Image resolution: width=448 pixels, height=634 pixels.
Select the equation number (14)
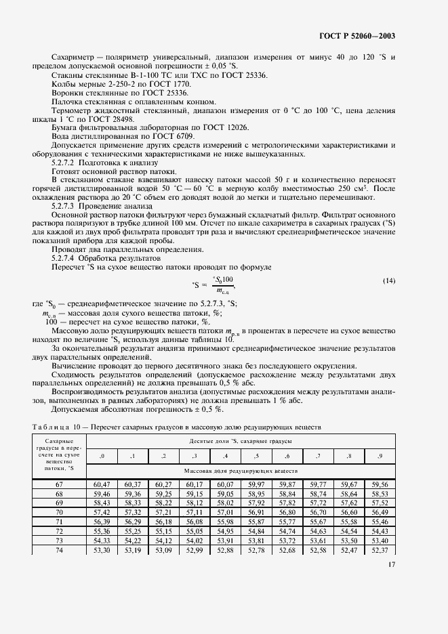point(389,280)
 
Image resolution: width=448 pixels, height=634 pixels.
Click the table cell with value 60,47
point(102,485)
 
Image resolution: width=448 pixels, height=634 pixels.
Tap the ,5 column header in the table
point(256,456)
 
